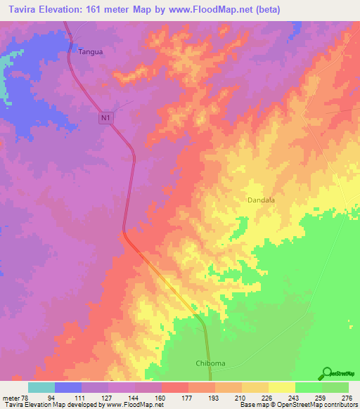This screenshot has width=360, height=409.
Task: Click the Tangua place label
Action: (x=89, y=51)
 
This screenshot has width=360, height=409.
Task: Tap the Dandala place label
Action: (x=261, y=200)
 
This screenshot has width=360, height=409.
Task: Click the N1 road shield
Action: (x=105, y=119)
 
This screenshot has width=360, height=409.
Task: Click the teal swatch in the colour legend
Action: (x=41, y=387)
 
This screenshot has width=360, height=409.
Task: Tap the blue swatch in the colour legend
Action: (x=68, y=387)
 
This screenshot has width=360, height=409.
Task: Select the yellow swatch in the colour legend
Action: (x=282, y=387)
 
